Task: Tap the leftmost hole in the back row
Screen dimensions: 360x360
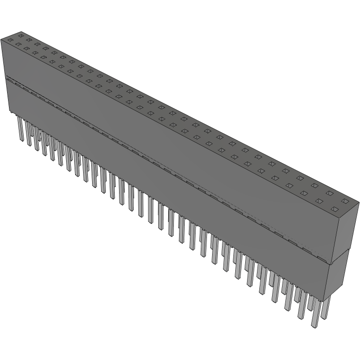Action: pos(21,35)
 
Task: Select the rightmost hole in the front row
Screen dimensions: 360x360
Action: pos(334,208)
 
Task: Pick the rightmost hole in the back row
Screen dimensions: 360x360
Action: pos(345,201)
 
